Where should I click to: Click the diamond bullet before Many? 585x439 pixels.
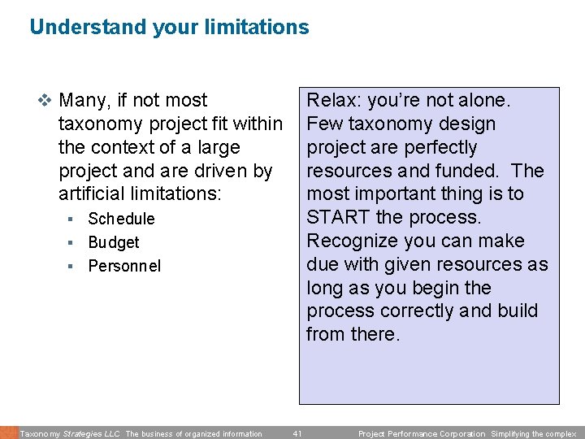point(45,101)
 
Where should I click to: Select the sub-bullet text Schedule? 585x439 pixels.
point(121,219)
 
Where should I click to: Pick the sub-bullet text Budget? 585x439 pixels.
point(114,242)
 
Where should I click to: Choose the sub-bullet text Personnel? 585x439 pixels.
point(124,266)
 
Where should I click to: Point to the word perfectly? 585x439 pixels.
point(438,148)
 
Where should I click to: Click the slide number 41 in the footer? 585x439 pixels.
point(297,434)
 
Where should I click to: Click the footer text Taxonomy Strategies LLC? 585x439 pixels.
point(70,434)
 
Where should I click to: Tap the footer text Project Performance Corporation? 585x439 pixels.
point(422,434)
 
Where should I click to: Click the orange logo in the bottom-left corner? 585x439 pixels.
point(8,432)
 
